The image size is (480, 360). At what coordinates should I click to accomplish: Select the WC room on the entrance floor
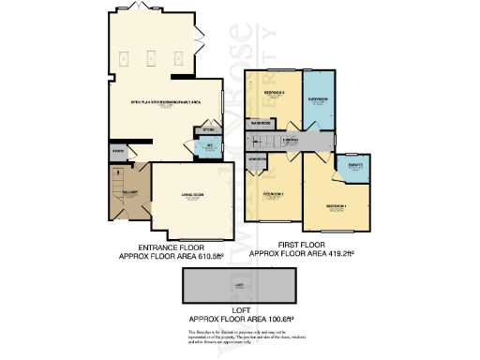(x=210, y=146)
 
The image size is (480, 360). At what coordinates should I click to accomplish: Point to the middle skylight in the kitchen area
(x=152, y=57)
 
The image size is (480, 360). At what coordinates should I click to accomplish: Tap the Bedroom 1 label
(x=337, y=206)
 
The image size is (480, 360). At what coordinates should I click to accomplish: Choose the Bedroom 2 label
(x=273, y=195)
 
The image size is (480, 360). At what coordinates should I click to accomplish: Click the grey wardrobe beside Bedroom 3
(x=260, y=123)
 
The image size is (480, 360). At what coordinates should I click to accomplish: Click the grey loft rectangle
(x=240, y=282)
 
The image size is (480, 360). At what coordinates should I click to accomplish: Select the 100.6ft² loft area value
(x=279, y=320)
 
